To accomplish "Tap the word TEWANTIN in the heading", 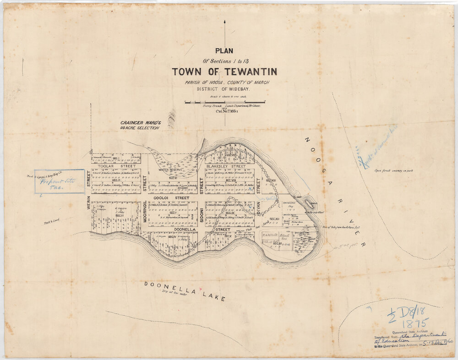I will [x=247, y=72].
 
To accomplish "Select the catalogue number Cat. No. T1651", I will [x=224, y=110].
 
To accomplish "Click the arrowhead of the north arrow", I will [x=225, y=22].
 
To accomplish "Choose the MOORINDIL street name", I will [x=145, y=211].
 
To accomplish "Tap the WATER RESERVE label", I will [x=170, y=169].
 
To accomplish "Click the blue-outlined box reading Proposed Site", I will [x=60, y=181].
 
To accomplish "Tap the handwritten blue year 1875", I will [x=414, y=322].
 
